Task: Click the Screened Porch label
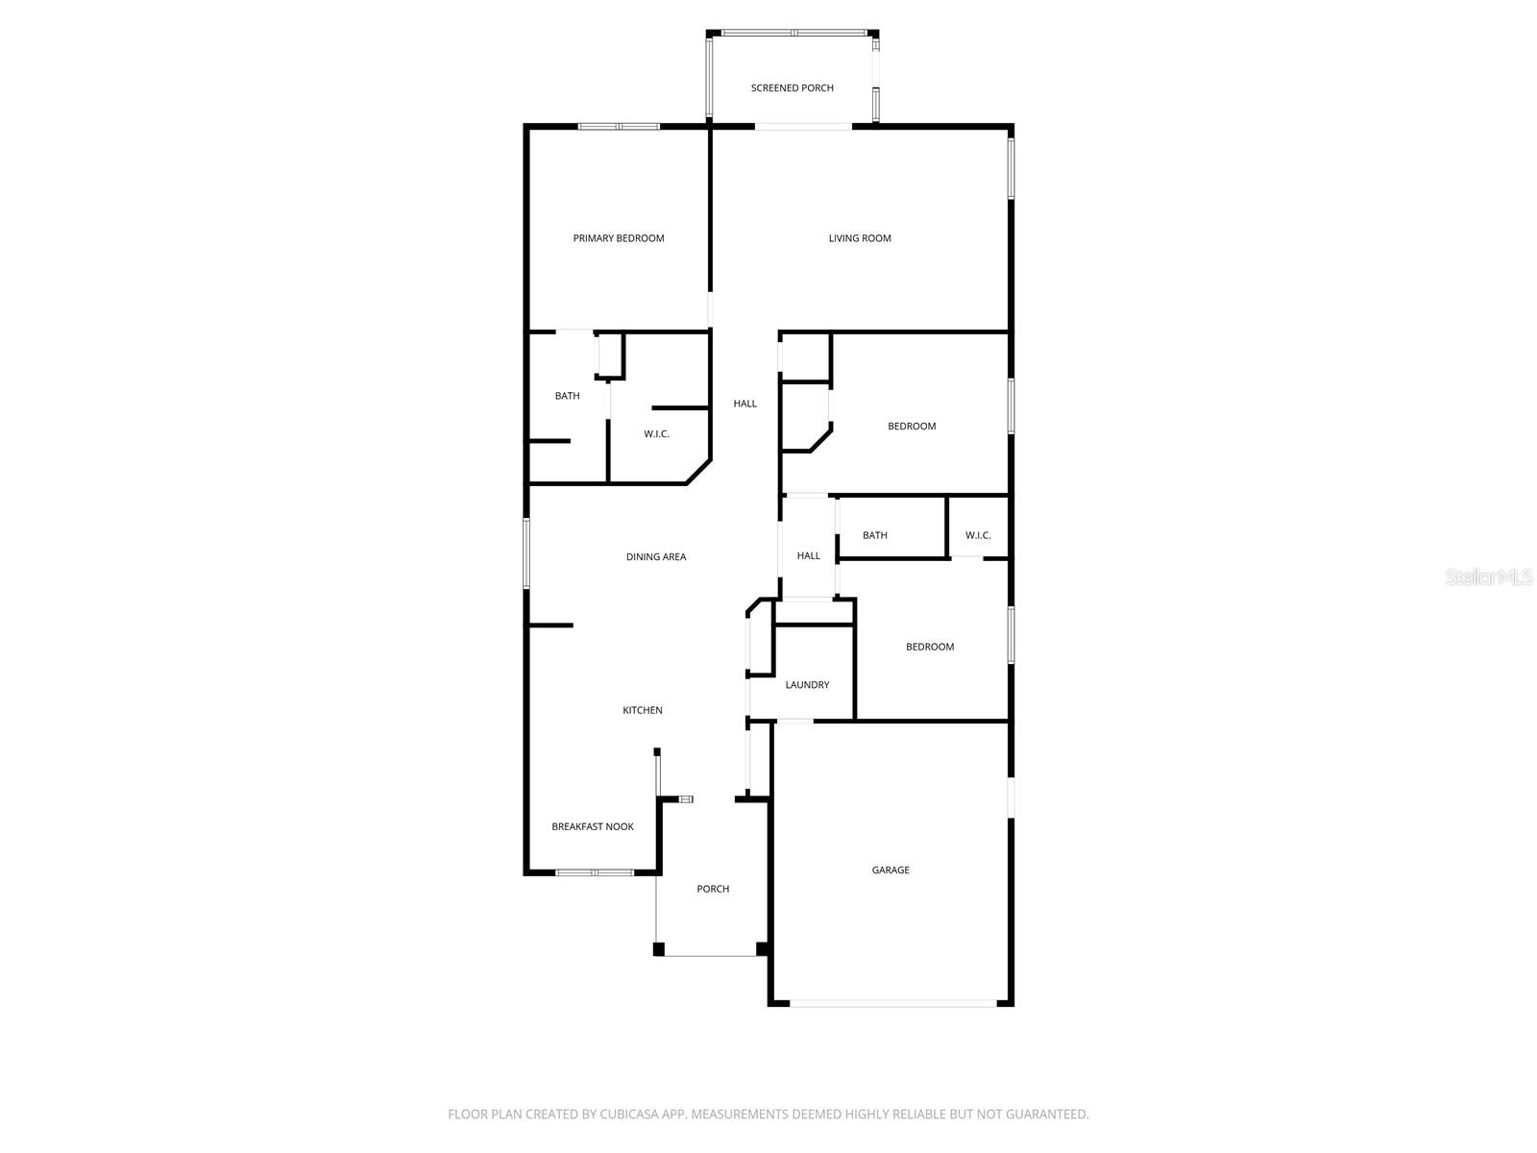click(x=792, y=88)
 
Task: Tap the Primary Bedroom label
click(x=619, y=238)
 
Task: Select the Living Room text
click(x=860, y=238)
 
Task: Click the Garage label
click(x=890, y=871)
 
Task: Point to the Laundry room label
click(x=807, y=685)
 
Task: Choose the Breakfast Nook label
click(x=593, y=827)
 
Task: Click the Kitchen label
click(x=643, y=711)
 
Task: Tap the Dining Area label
click(x=656, y=557)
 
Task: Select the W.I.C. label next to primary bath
click(x=656, y=434)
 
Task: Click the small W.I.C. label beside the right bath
click(x=978, y=536)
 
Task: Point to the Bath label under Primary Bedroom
click(x=568, y=396)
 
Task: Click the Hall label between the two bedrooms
click(x=809, y=556)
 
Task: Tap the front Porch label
click(x=713, y=890)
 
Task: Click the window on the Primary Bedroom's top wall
click(x=619, y=127)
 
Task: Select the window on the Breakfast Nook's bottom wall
click(x=595, y=872)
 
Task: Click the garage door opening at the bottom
click(x=892, y=1004)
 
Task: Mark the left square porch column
click(x=659, y=949)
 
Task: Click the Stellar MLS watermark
click(x=1490, y=577)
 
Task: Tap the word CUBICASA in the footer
click(x=627, y=1115)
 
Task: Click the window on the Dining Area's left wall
click(x=526, y=553)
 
